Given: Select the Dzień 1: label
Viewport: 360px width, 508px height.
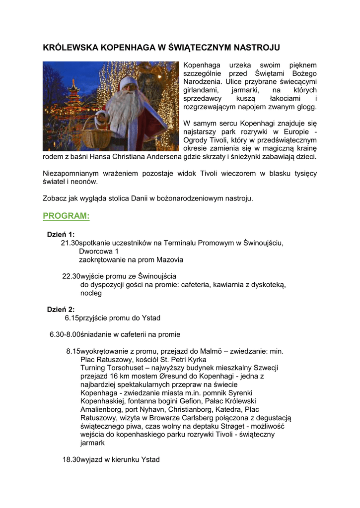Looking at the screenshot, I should (x=61, y=234).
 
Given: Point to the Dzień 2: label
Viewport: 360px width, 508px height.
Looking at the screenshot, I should (x=61, y=309).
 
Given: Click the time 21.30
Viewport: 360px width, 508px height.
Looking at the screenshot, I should (x=70, y=243).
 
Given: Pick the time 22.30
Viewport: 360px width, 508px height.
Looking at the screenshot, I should (x=71, y=276).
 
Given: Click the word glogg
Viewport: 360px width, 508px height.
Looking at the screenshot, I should (x=307, y=107).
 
